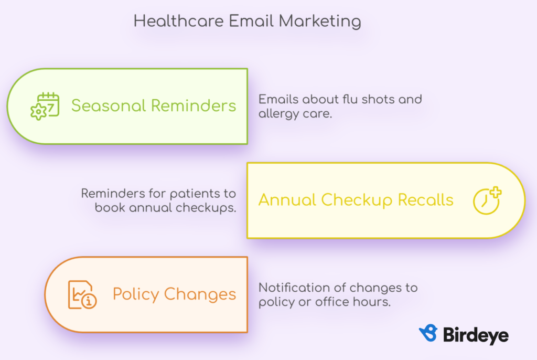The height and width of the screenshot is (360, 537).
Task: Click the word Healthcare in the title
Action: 178,22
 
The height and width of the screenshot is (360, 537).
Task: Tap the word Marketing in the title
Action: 320,22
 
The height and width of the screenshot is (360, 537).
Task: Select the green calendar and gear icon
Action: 45,106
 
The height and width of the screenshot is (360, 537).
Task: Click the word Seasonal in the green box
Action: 109,105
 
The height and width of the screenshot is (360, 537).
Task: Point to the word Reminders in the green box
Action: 194,105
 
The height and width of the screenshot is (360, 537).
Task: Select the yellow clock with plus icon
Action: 487,200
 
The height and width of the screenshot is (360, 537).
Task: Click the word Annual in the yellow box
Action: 287,200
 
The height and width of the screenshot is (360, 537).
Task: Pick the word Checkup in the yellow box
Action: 357,200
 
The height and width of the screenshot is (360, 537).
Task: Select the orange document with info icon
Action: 82,295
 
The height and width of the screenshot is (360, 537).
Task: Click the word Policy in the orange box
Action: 136,294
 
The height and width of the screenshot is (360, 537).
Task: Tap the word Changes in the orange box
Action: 200,294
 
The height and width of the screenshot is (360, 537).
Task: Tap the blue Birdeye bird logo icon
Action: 428,333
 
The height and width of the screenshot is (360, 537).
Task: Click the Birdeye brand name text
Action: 476,335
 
